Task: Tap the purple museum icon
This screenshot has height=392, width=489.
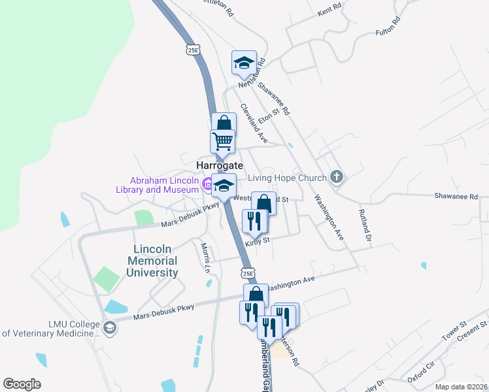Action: [x=207, y=186]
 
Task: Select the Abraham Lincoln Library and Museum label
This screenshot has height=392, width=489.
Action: [x=163, y=185]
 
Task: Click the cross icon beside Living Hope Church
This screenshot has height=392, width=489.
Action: [x=336, y=176]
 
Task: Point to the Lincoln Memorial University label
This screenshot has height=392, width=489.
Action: [x=156, y=261]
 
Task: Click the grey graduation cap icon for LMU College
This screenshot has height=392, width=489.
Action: [x=110, y=327]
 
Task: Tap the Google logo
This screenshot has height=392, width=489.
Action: [x=22, y=384]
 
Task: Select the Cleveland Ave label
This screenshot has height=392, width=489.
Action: [x=254, y=123]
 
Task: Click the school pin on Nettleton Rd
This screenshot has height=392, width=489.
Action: [x=244, y=63]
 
